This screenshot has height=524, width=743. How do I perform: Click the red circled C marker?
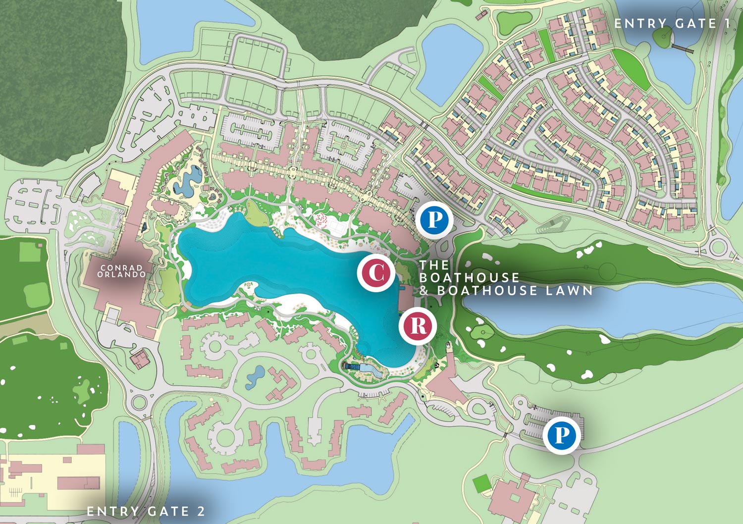pyautogui.click(x=376, y=272)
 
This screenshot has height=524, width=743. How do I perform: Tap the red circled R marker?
pyautogui.click(x=418, y=326)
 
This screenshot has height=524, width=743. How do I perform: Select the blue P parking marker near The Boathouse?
pyautogui.click(x=434, y=219)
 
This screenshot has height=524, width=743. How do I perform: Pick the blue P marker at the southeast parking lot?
pyautogui.click(x=561, y=435)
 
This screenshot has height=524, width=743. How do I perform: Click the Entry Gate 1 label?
pyautogui.click(x=672, y=23)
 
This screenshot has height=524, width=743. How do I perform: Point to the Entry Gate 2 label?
pyautogui.click(x=146, y=511)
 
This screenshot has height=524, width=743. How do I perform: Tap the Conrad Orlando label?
pyautogui.click(x=122, y=271)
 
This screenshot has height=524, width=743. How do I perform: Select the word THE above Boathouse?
pyautogui.click(x=434, y=265)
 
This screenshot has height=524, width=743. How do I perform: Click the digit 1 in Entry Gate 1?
pyautogui.click(x=726, y=23)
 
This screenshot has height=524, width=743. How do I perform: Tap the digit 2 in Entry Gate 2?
pyautogui.click(x=201, y=511)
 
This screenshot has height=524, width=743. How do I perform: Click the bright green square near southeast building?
pyautogui.click(x=480, y=483)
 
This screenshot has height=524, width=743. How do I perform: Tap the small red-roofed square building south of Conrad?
pyautogui.click(x=141, y=358)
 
